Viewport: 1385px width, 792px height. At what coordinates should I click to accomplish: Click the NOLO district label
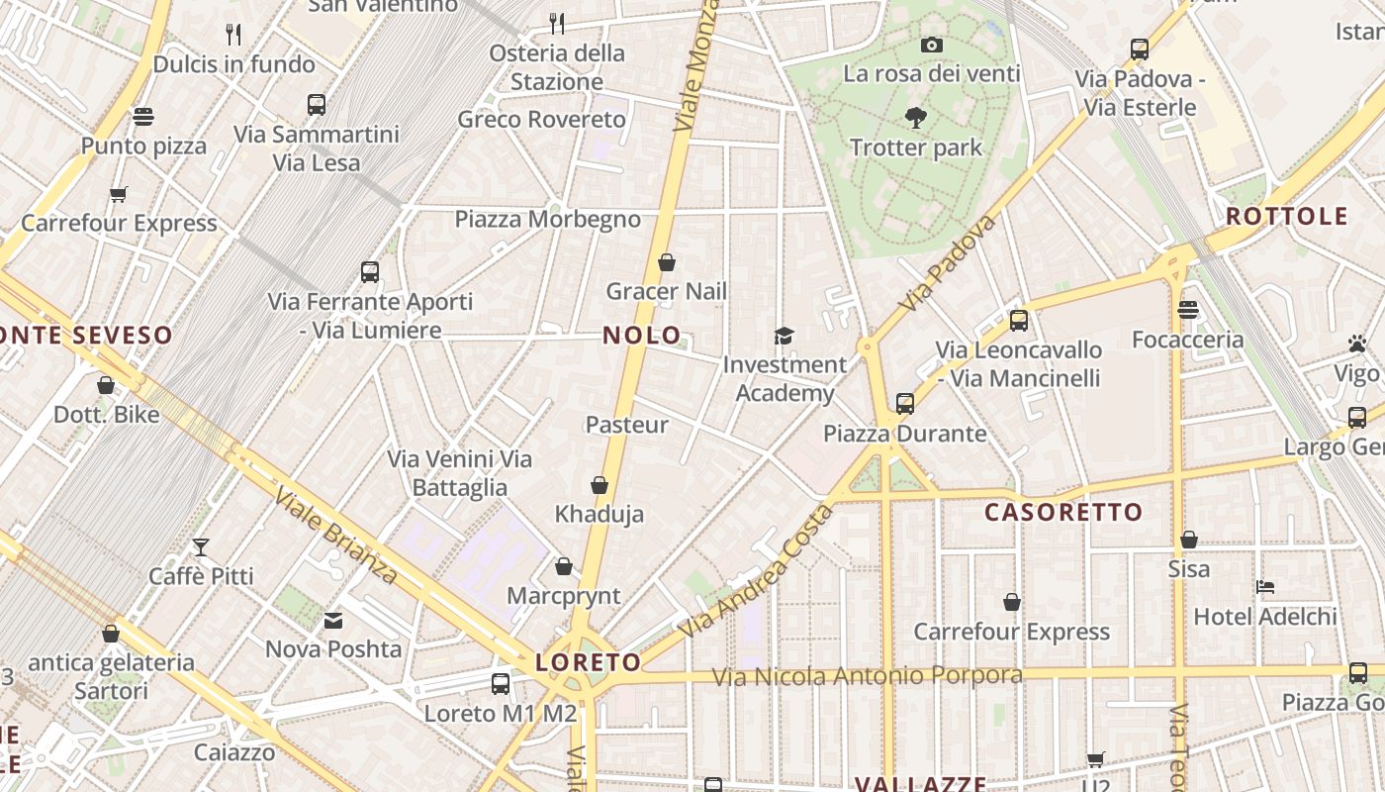tap(642, 336)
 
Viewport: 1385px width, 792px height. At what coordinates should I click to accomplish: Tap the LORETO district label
tap(588, 661)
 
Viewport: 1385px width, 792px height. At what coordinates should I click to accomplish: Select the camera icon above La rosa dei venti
tap(931, 45)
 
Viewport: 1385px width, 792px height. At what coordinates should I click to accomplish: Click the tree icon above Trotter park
tap(916, 118)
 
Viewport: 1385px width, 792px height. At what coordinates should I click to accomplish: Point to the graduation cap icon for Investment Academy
tap(784, 336)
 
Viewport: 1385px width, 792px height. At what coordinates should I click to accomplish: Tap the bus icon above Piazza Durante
tap(905, 403)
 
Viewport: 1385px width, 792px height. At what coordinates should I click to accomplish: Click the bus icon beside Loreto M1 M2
tap(501, 683)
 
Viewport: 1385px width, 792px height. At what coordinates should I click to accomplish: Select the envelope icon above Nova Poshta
tap(333, 621)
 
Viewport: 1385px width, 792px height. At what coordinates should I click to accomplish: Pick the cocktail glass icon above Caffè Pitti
tap(201, 546)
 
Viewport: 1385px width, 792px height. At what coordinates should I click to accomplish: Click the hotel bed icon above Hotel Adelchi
tap(1264, 587)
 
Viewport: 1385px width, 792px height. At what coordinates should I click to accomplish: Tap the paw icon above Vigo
tap(1356, 344)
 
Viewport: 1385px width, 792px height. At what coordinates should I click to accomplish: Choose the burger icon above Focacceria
tap(1188, 310)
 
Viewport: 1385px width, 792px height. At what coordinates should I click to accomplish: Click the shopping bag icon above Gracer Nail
tap(667, 262)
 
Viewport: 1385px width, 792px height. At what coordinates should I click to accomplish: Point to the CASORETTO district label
tap(1063, 512)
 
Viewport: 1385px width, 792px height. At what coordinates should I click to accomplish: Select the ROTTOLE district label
tap(1287, 216)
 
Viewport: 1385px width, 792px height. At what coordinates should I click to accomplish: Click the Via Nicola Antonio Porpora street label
tap(868, 676)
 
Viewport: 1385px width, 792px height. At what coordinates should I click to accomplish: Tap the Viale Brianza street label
tap(335, 535)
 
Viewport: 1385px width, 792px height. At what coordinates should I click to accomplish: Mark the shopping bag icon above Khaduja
tap(599, 485)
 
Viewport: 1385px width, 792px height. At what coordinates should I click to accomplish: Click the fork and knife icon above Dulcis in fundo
tap(233, 35)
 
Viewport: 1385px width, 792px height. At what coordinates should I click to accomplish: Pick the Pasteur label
tap(627, 425)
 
